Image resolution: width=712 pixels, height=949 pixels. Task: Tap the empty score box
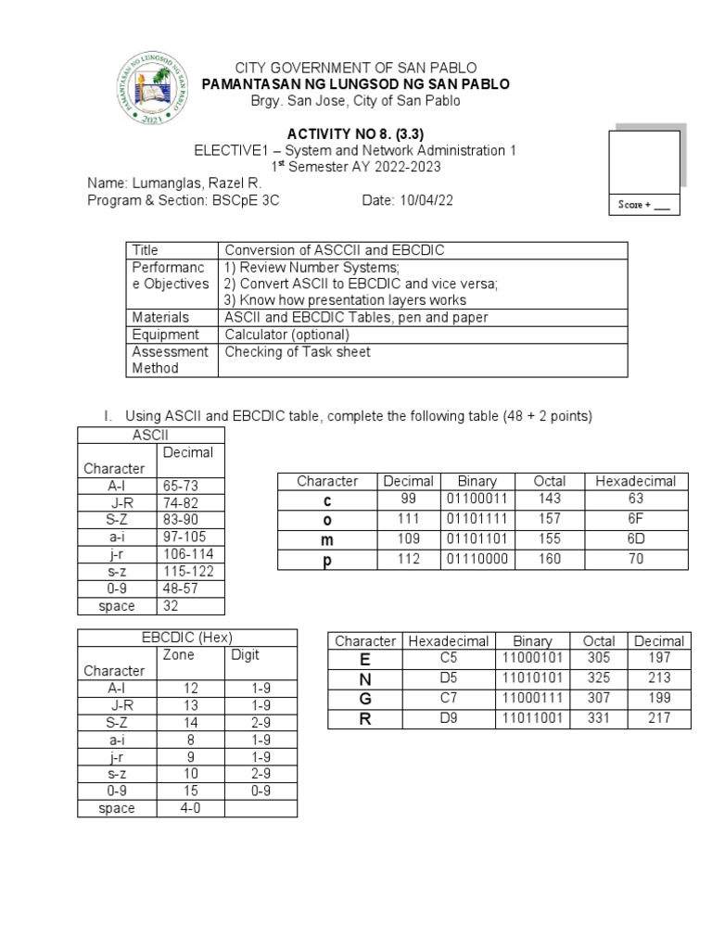pos(643,162)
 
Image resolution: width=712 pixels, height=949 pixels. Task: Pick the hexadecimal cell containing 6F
pos(635,518)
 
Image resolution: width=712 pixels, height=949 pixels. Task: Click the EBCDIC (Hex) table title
pos(186,637)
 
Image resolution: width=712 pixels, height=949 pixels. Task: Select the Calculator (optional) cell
pos(286,335)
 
